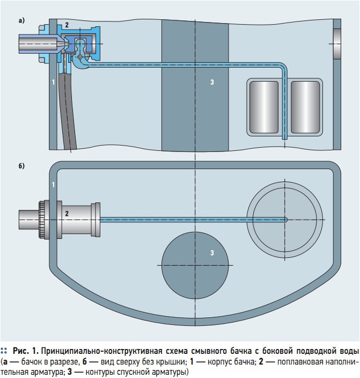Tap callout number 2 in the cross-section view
click(67, 25)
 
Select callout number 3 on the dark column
click(212, 82)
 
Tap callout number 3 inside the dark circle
click(212, 252)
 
